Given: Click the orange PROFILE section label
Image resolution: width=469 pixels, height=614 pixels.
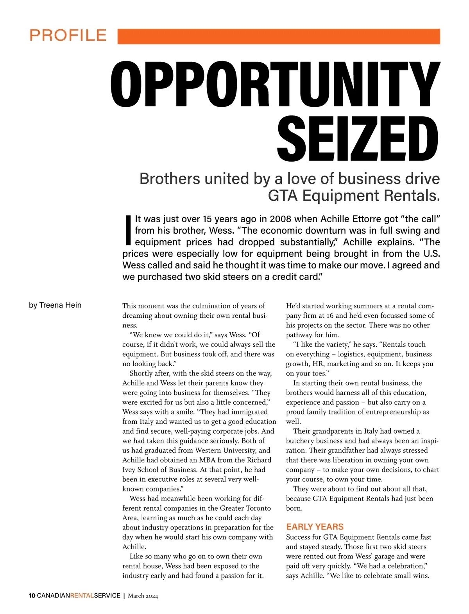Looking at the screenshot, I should tap(68, 36).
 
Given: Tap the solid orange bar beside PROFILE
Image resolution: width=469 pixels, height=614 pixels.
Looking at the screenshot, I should tap(279, 36).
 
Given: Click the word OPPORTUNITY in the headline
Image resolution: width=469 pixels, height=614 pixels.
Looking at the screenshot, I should tap(275, 85).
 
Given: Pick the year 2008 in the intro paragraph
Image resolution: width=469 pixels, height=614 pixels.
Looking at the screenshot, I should tap(281, 219).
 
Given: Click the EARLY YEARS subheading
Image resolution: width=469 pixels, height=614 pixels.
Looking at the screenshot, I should tap(315, 527).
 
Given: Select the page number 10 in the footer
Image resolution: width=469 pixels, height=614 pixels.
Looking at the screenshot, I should tap(32, 596).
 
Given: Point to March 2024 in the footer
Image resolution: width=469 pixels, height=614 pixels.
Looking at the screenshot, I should tap(143, 596).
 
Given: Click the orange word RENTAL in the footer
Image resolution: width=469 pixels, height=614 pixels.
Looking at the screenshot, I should tap(82, 596).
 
